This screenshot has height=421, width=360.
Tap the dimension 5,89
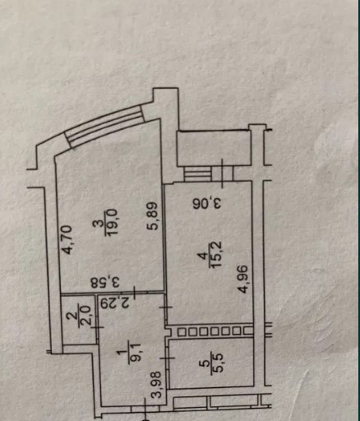point(153,215)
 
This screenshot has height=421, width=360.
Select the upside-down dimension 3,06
point(207,204)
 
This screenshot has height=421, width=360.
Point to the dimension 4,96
point(242,280)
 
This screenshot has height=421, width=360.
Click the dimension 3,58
point(106,283)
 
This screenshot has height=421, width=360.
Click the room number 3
point(102,223)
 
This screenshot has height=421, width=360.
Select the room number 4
point(203,256)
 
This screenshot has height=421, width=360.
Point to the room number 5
point(204,364)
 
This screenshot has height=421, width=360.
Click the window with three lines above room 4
point(198,174)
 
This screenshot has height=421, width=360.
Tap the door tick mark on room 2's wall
point(97,327)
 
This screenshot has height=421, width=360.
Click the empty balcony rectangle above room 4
point(214,148)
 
